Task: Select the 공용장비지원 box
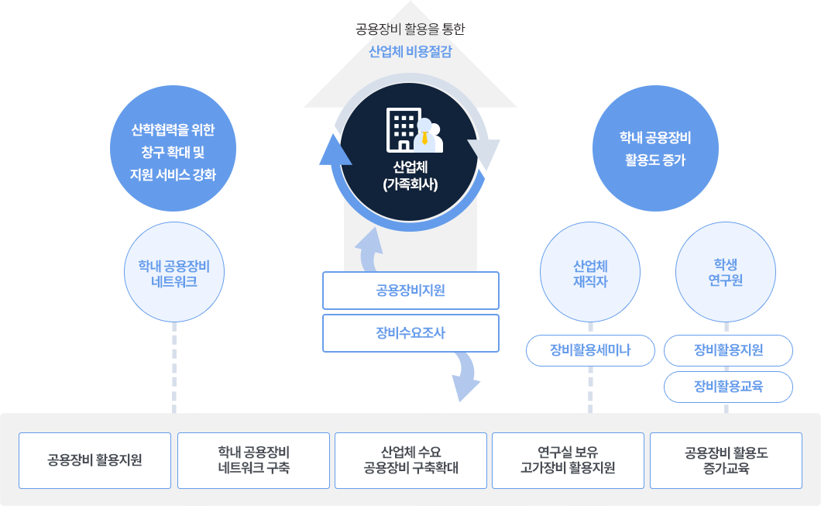coord(410,291)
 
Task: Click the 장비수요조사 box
coord(410,332)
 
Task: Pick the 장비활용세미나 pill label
coord(590,350)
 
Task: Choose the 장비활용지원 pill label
coord(728,350)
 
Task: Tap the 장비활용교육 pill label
coord(728,386)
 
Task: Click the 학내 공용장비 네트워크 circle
coord(173,273)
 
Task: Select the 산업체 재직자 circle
coord(589,273)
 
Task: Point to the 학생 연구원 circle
coord(725,273)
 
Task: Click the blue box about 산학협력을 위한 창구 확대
coord(173,149)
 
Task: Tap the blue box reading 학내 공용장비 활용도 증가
coord(655,149)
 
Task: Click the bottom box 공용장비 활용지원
coord(94,460)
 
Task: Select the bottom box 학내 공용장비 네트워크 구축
coord(253,460)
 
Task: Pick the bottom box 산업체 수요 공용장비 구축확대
coord(410,460)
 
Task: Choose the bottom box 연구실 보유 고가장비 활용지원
coord(568,460)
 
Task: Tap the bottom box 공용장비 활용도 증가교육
coord(726,460)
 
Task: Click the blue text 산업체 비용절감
coord(410,52)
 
